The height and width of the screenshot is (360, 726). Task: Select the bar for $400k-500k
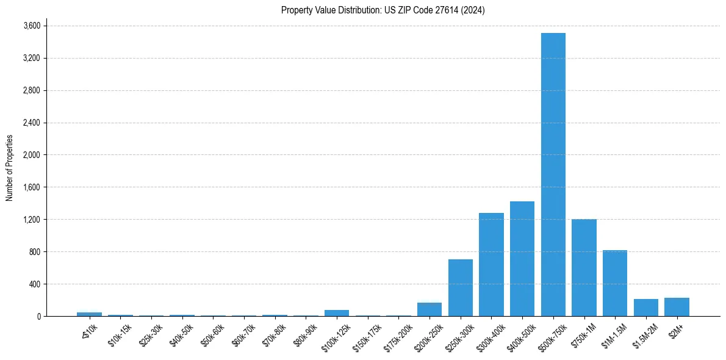click(522, 259)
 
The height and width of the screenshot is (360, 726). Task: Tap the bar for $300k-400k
click(491, 265)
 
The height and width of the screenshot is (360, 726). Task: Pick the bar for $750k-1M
click(584, 268)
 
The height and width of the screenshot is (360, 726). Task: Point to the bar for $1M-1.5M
click(615, 283)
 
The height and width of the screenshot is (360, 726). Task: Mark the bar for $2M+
click(677, 307)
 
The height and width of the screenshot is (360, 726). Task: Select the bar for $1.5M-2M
click(645, 308)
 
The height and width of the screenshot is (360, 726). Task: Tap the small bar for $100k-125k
click(337, 313)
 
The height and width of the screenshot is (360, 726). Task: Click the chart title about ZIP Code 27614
click(383, 10)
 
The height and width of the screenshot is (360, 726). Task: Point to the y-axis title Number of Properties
click(10, 168)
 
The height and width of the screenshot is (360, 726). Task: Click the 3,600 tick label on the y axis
click(31, 26)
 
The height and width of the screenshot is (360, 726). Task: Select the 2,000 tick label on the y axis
click(31, 155)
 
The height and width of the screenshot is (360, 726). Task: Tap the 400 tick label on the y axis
click(34, 284)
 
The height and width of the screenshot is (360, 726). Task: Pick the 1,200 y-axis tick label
click(31, 220)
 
